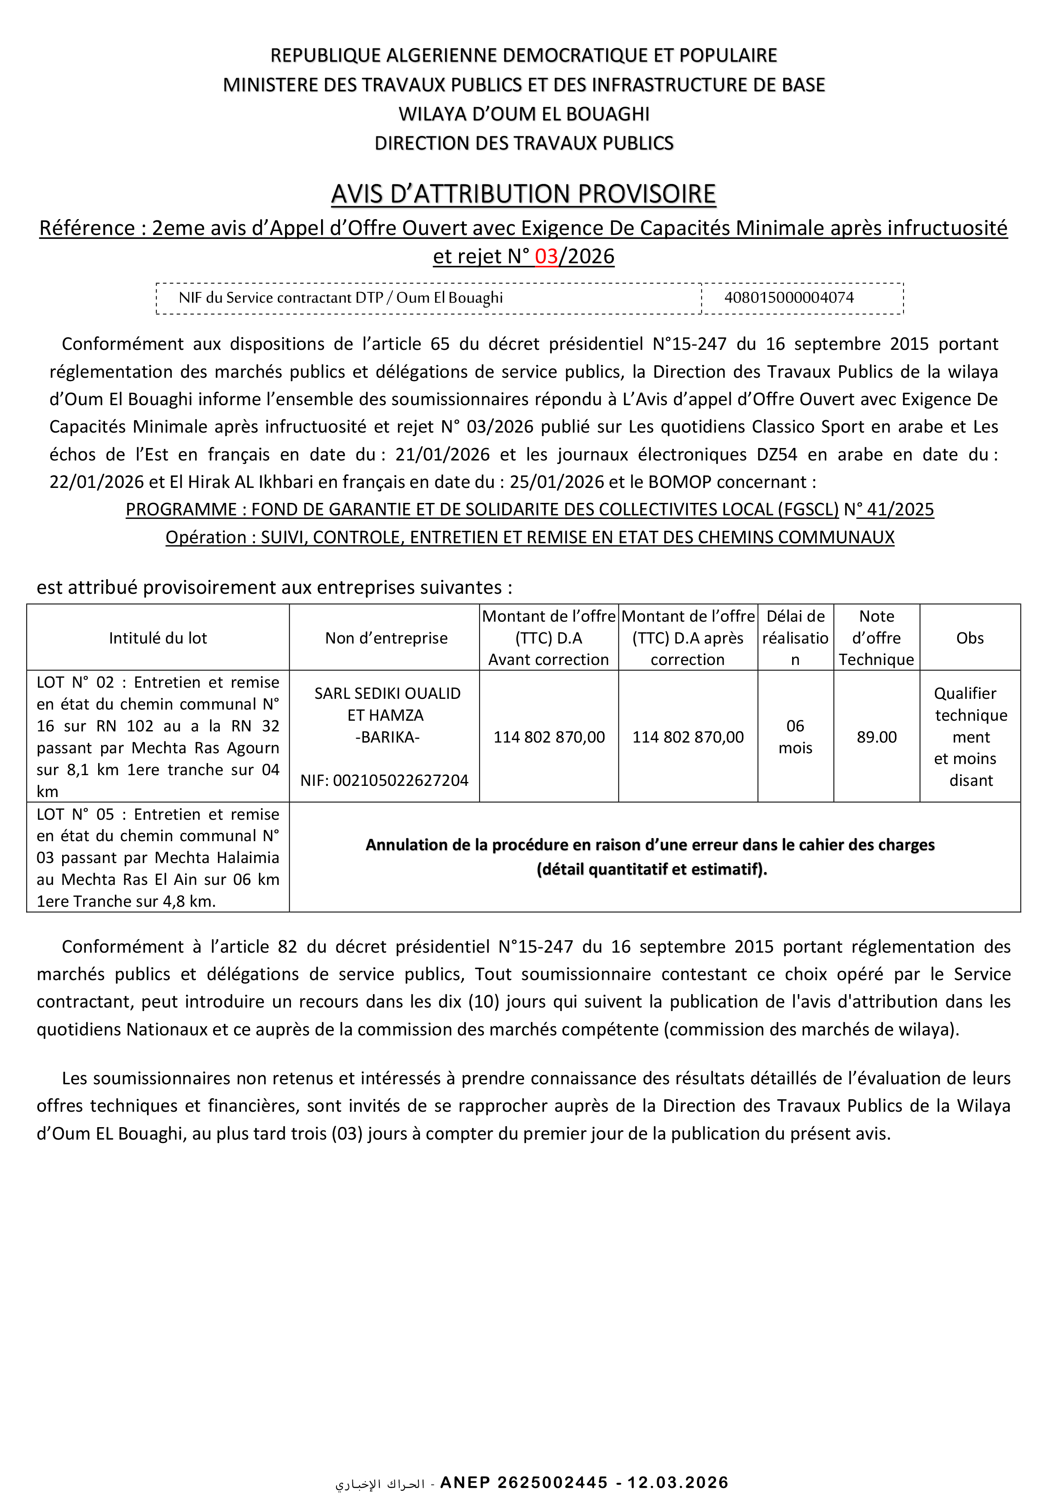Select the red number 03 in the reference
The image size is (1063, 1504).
pyautogui.click(x=546, y=256)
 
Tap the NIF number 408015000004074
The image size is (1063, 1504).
pyautogui.click(x=789, y=298)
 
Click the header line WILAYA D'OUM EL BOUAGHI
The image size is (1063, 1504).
pyautogui.click(x=524, y=114)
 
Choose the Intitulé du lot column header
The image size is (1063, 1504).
pyautogui.click(x=158, y=638)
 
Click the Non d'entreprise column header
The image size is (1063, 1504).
pyautogui.click(x=387, y=638)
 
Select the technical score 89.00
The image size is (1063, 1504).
pyautogui.click(x=877, y=737)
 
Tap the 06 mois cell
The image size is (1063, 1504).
pyautogui.click(x=795, y=737)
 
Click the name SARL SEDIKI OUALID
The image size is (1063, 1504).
pyautogui.click(x=387, y=693)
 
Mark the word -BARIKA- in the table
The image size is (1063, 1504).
pyautogui.click(x=387, y=737)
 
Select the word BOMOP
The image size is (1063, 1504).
pyautogui.click(x=679, y=482)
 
